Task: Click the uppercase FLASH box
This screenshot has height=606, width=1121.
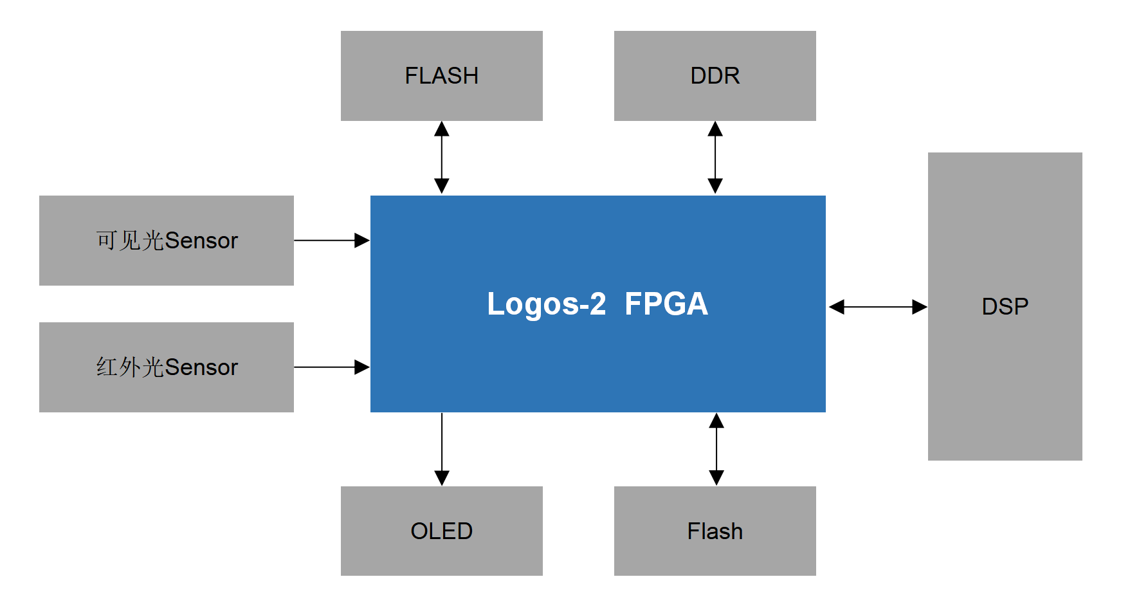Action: click(x=441, y=76)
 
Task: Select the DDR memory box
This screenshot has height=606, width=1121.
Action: click(x=715, y=76)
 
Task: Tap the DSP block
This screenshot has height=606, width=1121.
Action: click(x=1005, y=306)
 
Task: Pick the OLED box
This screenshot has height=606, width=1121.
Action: click(x=441, y=531)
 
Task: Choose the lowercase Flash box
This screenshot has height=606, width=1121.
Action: click(x=715, y=531)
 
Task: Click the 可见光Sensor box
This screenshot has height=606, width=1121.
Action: click(x=166, y=241)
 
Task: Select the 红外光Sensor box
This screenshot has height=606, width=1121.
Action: click(x=166, y=367)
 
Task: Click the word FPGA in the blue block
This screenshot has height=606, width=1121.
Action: click(x=666, y=304)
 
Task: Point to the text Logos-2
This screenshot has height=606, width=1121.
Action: click(x=546, y=304)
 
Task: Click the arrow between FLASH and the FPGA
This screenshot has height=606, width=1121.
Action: click(x=442, y=157)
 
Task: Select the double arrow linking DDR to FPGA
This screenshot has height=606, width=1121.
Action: click(x=715, y=157)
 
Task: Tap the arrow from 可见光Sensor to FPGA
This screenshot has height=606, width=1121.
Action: click(x=331, y=241)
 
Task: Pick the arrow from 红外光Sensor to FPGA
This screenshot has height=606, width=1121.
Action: click(x=331, y=367)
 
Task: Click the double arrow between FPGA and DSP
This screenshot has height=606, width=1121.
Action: click(x=877, y=307)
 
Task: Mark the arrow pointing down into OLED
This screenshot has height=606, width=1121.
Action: click(x=442, y=449)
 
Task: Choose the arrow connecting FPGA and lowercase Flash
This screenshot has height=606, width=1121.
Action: click(x=716, y=449)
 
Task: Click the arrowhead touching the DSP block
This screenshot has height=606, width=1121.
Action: click(x=920, y=307)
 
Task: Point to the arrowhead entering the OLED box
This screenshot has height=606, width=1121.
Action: click(x=442, y=478)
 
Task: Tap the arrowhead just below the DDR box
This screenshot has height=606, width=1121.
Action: click(x=715, y=129)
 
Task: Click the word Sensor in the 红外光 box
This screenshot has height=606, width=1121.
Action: click(x=201, y=367)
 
